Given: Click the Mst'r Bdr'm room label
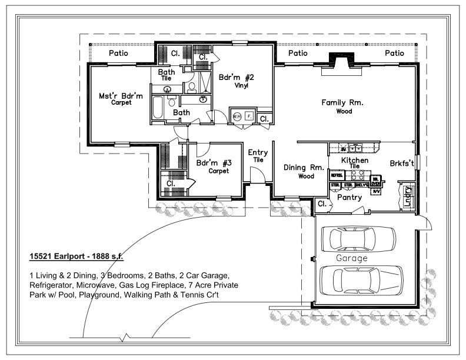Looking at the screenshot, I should point(120,96).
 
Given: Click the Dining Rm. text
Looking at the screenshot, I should point(304,168).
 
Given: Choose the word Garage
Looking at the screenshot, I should point(351,258).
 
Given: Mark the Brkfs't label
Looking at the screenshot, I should point(401,163).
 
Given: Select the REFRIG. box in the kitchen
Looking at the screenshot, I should point(337,175).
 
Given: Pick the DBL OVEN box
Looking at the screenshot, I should point(375,182).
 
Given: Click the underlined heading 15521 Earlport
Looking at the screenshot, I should point(76,257).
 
